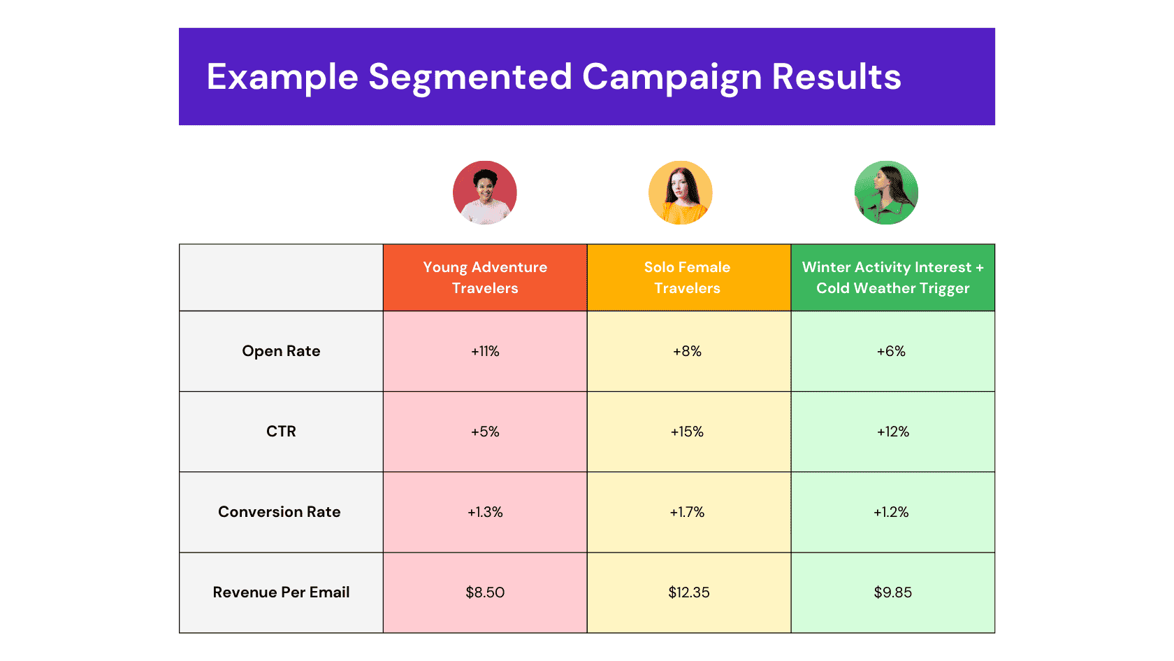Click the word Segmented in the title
pyautogui.click(x=470, y=77)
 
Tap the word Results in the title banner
pyautogui.click(x=836, y=77)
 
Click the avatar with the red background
pyautogui.click(x=485, y=192)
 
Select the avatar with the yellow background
pyautogui.click(x=681, y=192)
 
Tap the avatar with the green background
pyautogui.click(x=886, y=192)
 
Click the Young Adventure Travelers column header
pyautogui.click(x=485, y=278)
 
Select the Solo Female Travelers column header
pyautogui.click(x=688, y=278)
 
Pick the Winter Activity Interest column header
pyautogui.click(x=892, y=278)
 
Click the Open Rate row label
pyautogui.click(x=281, y=351)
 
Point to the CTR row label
pyautogui.click(x=281, y=432)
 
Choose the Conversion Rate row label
pyautogui.click(x=280, y=512)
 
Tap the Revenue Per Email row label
pyautogui.click(x=281, y=592)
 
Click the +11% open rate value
pyautogui.click(x=485, y=351)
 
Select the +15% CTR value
pyautogui.click(x=688, y=432)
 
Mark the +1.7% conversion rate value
pyautogui.click(x=688, y=512)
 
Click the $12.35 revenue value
pyautogui.click(x=689, y=592)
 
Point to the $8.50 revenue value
pyautogui.click(x=485, y=592)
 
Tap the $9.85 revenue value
pyautogui.click(x=892, y=592)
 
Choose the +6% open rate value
pyautogui.click(x=891, y=351)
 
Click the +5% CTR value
pyautogui.click(x=485, y=432)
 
